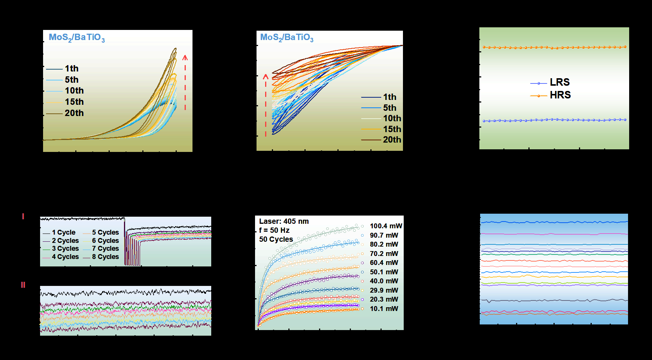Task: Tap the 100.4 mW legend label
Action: click(x=386, y=226)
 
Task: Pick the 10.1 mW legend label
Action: click(x=384, y=309)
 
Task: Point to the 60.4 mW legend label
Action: click(x=384, y=263)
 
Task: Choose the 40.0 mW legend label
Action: click(x=384, y=281)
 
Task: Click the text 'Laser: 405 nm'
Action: click(x=284, y=222)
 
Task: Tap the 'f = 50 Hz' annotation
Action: click(x=274, y=231)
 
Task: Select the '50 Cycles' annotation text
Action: click(x=276, y=240)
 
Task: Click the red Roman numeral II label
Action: click(x=23, y=285)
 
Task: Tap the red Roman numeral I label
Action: click(x=23, y=216)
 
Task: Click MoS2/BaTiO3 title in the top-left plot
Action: click(x=77, y=37)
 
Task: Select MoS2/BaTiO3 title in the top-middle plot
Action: click(x=287, y=37)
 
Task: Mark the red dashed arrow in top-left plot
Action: click(x=185, y=82)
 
